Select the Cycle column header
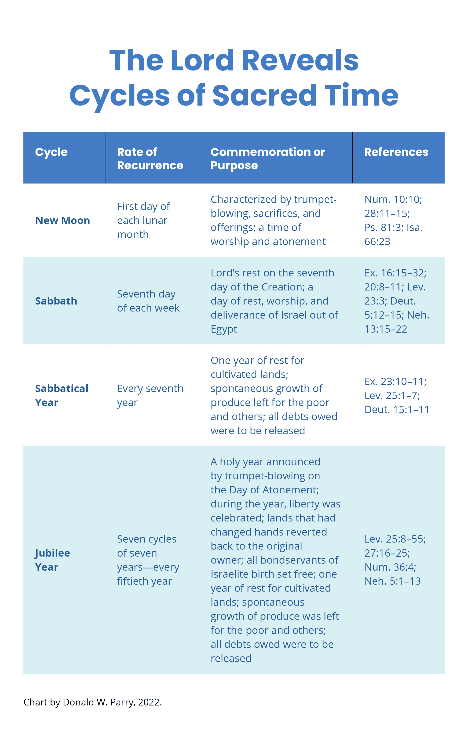[x=51, y=152]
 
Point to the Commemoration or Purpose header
[x=267, y=158]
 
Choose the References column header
[x=396, y=152]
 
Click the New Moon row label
[x=62, y=220]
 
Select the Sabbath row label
[x=56, y=301]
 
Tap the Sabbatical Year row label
[x=62, y=395]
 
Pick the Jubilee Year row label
[x=52, y=560]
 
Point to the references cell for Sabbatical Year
[x=396, y=395]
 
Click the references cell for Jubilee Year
[x=395, y=560]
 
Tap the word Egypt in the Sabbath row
[x=224, y=329]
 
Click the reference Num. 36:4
[x=390, y=567]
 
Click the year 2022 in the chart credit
[x=149, y=702]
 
